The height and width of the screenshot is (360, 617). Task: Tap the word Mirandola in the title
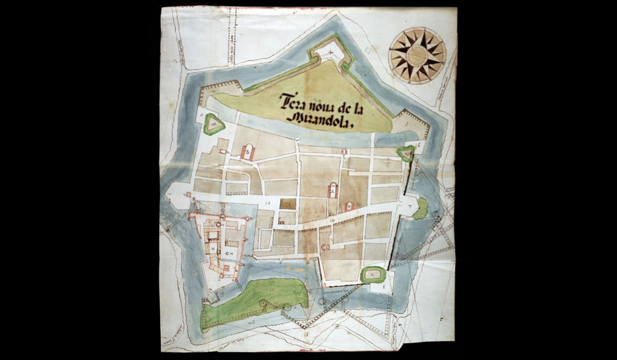pyautogui.click(x=321, y=120)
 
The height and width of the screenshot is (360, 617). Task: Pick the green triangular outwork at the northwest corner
pyautogui.click(x=213, y=124)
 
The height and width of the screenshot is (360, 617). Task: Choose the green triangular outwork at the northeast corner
pyautogui.click(x=406, y=153)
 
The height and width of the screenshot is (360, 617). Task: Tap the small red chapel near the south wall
pyautogui.click(x=325, y=246)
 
